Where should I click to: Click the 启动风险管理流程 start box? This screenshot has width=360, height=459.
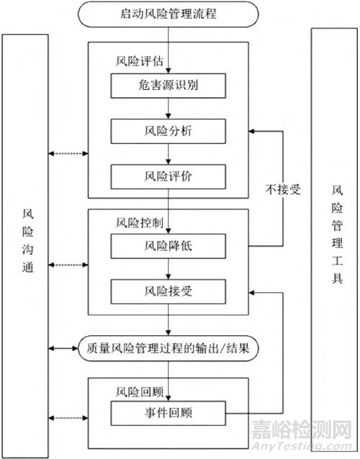(168, 14)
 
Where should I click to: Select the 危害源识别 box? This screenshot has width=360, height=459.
(168, 86)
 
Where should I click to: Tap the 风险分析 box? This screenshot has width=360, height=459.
(168, 131)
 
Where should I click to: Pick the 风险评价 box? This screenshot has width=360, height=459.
(168, 176)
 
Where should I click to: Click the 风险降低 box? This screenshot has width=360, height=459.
(168, 246)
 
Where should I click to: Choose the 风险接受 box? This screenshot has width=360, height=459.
(168, 291)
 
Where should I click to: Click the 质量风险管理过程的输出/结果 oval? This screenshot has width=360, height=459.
(168, 348)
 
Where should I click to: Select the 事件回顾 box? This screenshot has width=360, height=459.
(168, 413)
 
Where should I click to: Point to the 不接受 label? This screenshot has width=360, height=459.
(283, 190)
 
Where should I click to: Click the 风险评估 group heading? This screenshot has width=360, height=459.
(140, 61)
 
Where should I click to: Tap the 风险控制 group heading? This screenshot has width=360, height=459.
(140, 223)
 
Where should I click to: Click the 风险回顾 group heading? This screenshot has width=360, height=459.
(140, 392)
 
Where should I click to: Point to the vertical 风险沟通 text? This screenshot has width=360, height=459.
(28, 240)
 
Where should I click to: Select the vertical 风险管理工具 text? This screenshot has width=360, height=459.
(337, 235)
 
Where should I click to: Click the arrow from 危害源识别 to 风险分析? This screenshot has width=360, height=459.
(168, 109)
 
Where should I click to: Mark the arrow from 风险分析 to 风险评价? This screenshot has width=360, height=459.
(168, 154)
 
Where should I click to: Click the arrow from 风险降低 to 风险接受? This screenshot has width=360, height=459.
(168, 269)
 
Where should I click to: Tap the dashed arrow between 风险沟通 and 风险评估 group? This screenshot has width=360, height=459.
(68, 153)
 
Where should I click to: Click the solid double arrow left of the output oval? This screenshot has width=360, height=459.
(63, 348)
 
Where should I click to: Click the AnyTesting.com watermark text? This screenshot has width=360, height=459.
(302, 447)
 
